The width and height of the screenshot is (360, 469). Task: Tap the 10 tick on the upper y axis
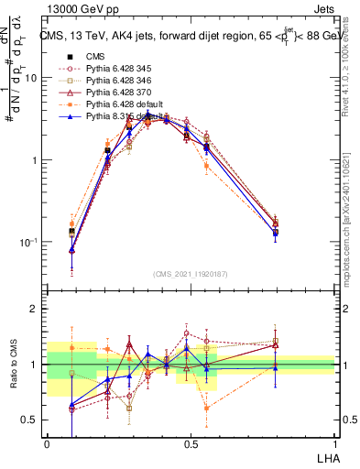pos(32,78)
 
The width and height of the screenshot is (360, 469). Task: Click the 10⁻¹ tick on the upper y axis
pos(30,242)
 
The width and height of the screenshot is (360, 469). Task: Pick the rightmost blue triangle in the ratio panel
pos(276,368)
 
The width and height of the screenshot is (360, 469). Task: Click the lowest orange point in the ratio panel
pos(207,408)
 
